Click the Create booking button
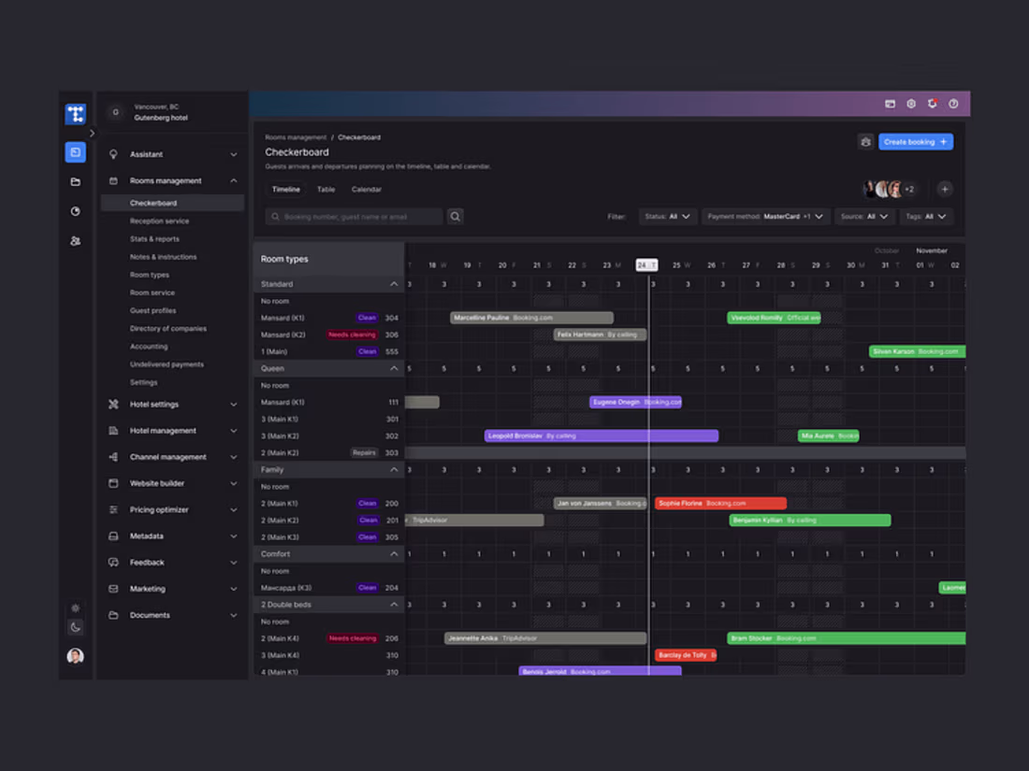click(x=916, y=142)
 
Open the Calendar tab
click(x=366, y=190)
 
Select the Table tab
click(x=326, y=190)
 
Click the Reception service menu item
click(x=159, y=221)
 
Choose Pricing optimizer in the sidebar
click(x=159, y=510)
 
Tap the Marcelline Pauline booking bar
click(x=531, y=318)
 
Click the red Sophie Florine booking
click(x=720, y=504)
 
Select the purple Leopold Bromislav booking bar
click(x=601, y=435)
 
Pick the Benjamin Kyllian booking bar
click(x=809, y=521)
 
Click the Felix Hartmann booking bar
click(x=600, y=335)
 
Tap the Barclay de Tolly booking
click(x=686, y=655)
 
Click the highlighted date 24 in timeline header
click(x=646, y=265)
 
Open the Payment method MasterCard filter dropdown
click(x=765, y=217)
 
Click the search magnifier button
click(x=456, y=217)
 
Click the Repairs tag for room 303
click(x=364, y=453)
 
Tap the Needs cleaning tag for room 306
click(x=352, y=335)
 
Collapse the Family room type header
click(x=394, y=470)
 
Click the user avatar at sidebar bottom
click(x=76, y=656)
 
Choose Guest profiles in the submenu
click(x=152, y=310)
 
